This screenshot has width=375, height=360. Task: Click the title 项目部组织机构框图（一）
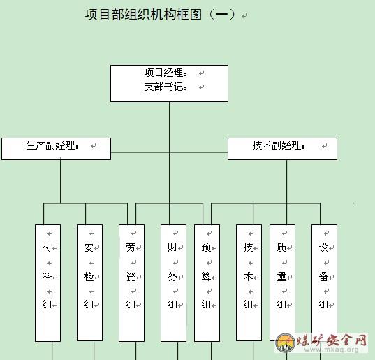pyautogui.click(x=161, y=15)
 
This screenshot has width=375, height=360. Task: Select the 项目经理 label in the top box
pyautogui.click(x=166, y=73)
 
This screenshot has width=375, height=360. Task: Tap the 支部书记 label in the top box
pyautogui.click(x=166, y=87)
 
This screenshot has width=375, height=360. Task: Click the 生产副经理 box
pyautogui.click(x=56, y=149)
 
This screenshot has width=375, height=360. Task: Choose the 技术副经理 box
pyautogui.click(x=282, y=149)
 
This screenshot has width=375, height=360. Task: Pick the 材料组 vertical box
pyautogui.click(x=47, y=283)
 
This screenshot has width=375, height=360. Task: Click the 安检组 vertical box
pyautogui.click(x=89, y=282)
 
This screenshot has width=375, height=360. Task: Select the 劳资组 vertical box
pyautogui.click(x=131, y=283)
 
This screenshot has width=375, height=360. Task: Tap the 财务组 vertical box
pyautogui.click(x=173, y=283)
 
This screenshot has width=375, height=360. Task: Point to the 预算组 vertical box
pyautogui.click(x=207, y=283)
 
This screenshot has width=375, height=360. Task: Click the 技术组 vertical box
pyautogui.click(x=249, y=282)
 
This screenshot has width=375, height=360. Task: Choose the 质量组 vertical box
pyautogui.click(x=282, y=282)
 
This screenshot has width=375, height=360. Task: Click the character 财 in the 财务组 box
pyautogui.click(x=172, y=247)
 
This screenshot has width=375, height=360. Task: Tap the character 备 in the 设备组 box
pyautogui.click(x=323, y=277)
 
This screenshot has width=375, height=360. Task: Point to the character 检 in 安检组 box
pyautogui.click(x=89, y=277)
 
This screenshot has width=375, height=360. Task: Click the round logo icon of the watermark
pyautogui.click(x=285, y=343)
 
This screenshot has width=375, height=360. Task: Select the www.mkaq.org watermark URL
pyautogui.click(x=331, y=350)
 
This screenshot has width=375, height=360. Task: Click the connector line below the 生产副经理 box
pyautogui.click(x=60, y=182)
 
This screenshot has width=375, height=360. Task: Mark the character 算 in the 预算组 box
pyautogui.click(x=206, y=277)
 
